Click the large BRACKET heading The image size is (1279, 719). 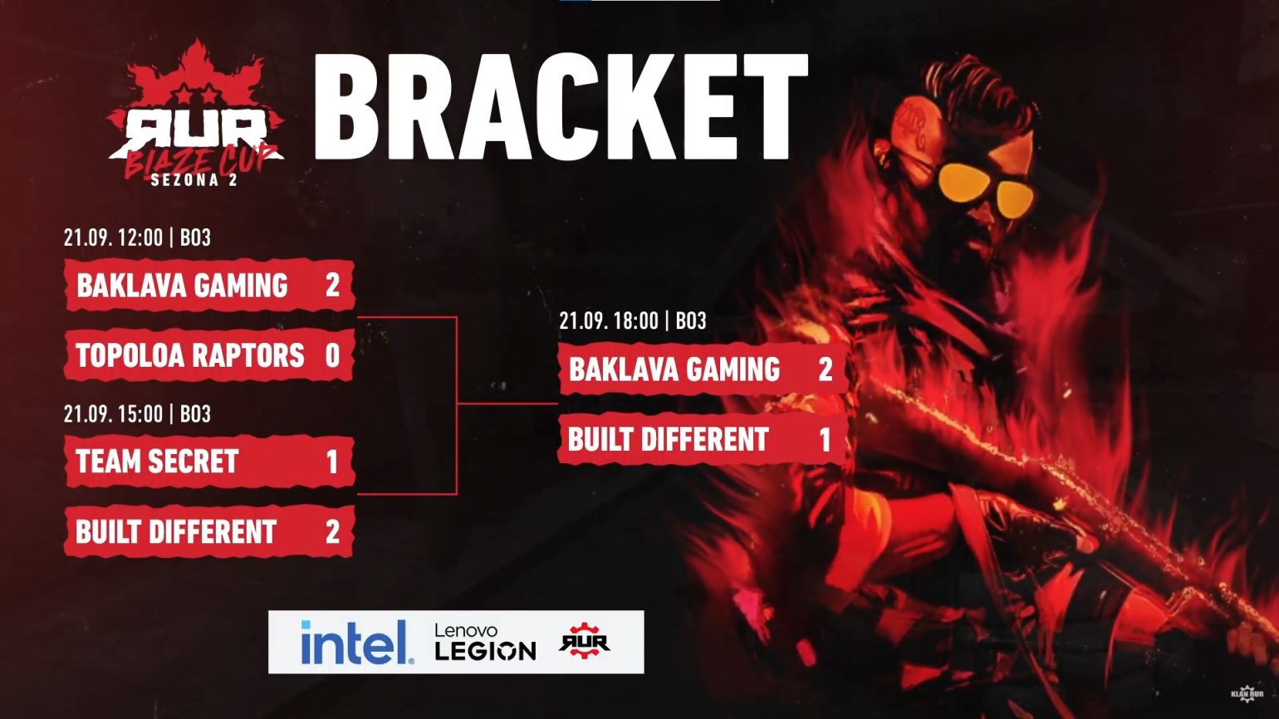coord(561,107)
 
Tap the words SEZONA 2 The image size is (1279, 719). coord(194,179)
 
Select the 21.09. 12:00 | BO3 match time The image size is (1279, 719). coord(137,237)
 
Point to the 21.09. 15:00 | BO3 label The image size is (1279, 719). coord(137,413)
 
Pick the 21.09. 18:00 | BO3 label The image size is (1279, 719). coord(632,320)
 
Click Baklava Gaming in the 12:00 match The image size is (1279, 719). coord(182,286)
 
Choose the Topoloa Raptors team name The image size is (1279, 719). coord(190,355)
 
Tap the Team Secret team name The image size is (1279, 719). coord(157,462)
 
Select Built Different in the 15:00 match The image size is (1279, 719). coord(176,531)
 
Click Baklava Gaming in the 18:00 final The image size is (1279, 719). coord(674,369)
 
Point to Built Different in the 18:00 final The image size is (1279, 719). coord(669,439)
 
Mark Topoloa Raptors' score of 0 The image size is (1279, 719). coord(332,355)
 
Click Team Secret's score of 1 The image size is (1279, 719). coord(332,462)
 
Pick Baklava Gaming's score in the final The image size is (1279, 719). coord(825,369)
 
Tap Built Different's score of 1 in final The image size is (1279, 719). coord(825,439)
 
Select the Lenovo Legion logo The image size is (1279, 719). coord(485,643)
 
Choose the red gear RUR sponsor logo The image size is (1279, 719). coord(585,642)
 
